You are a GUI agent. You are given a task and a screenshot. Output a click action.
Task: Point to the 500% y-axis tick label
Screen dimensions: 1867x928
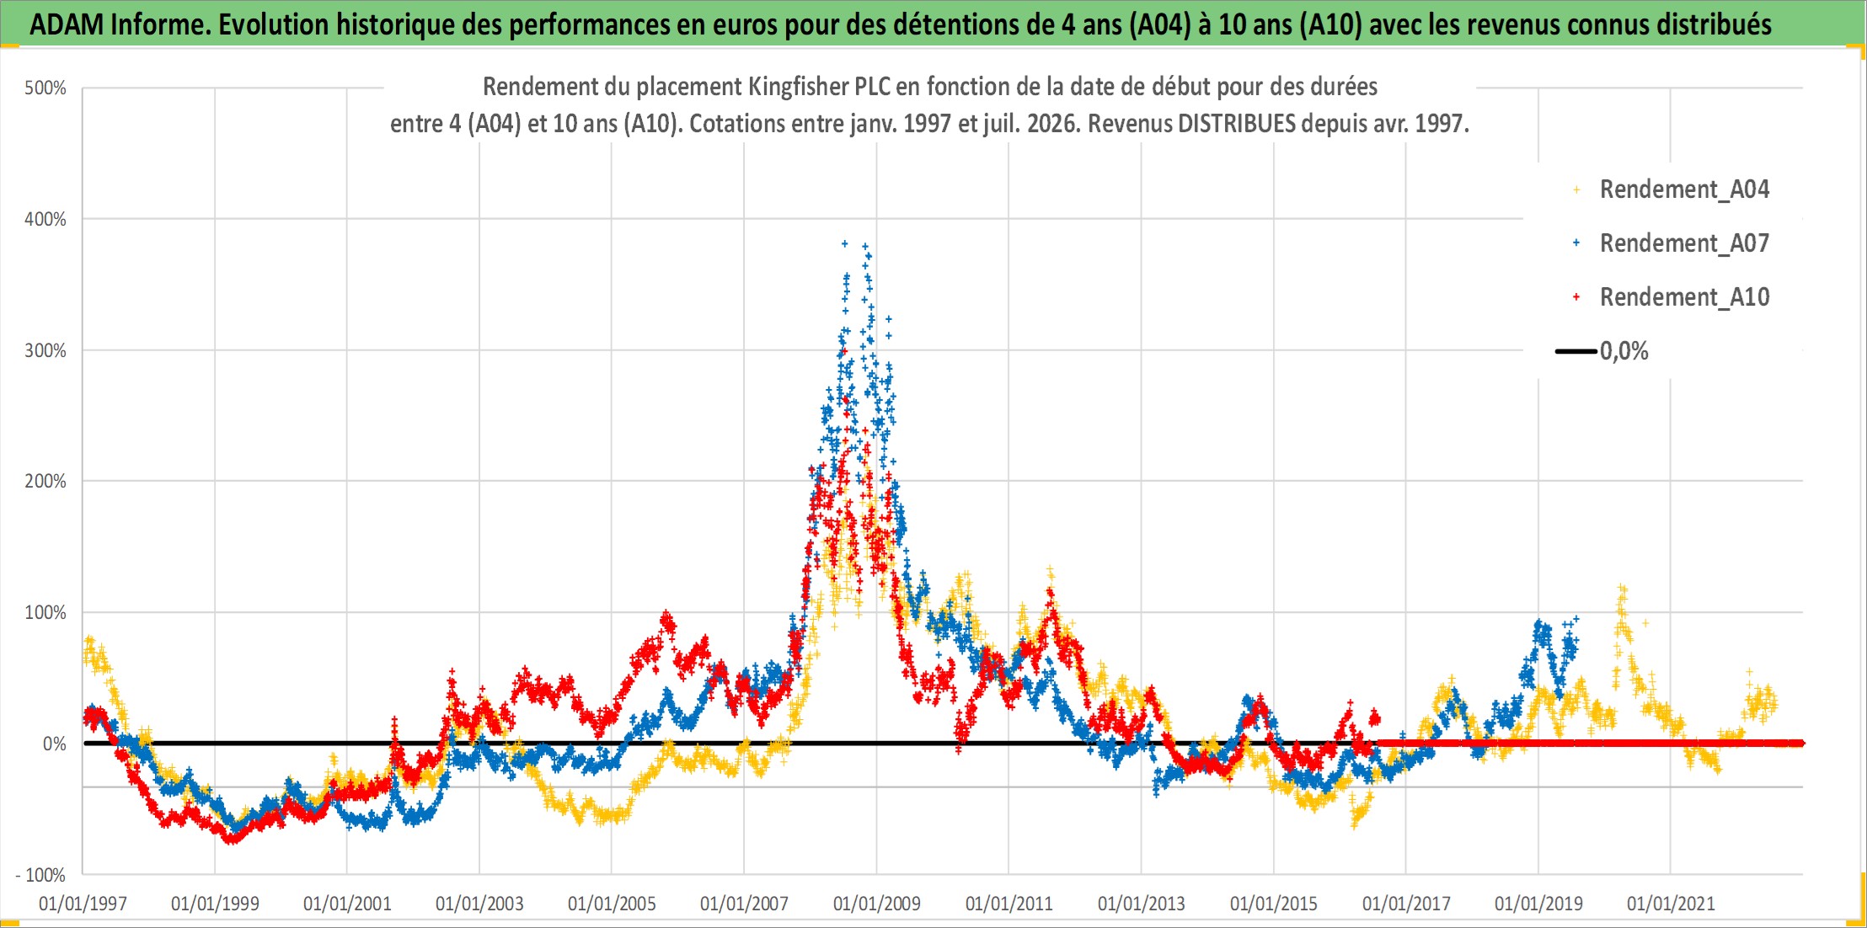(x=45, y=88)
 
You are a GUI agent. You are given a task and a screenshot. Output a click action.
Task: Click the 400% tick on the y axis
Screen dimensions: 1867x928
(x=45, y=220)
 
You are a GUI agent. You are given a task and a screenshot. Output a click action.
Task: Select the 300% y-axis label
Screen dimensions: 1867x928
(x=45, y=351)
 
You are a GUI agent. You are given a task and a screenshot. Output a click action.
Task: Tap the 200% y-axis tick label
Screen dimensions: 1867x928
(x=45, y=482)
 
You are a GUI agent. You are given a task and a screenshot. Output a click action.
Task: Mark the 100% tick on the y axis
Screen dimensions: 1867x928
(x=45, y=613)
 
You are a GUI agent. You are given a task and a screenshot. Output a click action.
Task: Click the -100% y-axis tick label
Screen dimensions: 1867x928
(x=40, y=876)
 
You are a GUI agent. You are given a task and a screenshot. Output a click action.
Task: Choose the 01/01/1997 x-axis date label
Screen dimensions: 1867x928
(x=83, y=904)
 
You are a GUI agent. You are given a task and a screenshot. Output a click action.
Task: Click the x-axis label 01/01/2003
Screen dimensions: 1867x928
(x=479, y=904)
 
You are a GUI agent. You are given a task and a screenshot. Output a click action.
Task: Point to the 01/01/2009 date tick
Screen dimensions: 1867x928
(x=877, y=904)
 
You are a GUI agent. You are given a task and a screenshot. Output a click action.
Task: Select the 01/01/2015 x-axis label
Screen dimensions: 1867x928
(x=1274, y=904)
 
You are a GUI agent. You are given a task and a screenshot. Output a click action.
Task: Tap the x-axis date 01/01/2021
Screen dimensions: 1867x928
(x=1671, y=904)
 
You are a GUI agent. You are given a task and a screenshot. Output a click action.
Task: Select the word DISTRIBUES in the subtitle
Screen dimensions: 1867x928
(x=1237, y=124)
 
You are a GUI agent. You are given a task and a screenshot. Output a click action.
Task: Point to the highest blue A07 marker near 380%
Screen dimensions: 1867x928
(x=845, y=243)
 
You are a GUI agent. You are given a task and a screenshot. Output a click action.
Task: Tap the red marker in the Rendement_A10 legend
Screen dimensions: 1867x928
(x=1576, y=297)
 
